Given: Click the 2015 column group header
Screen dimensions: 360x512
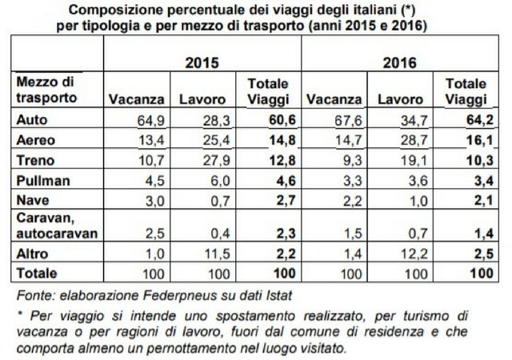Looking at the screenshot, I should click(202, 62).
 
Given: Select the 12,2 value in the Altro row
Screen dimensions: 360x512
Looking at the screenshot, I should click(414, 254).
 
